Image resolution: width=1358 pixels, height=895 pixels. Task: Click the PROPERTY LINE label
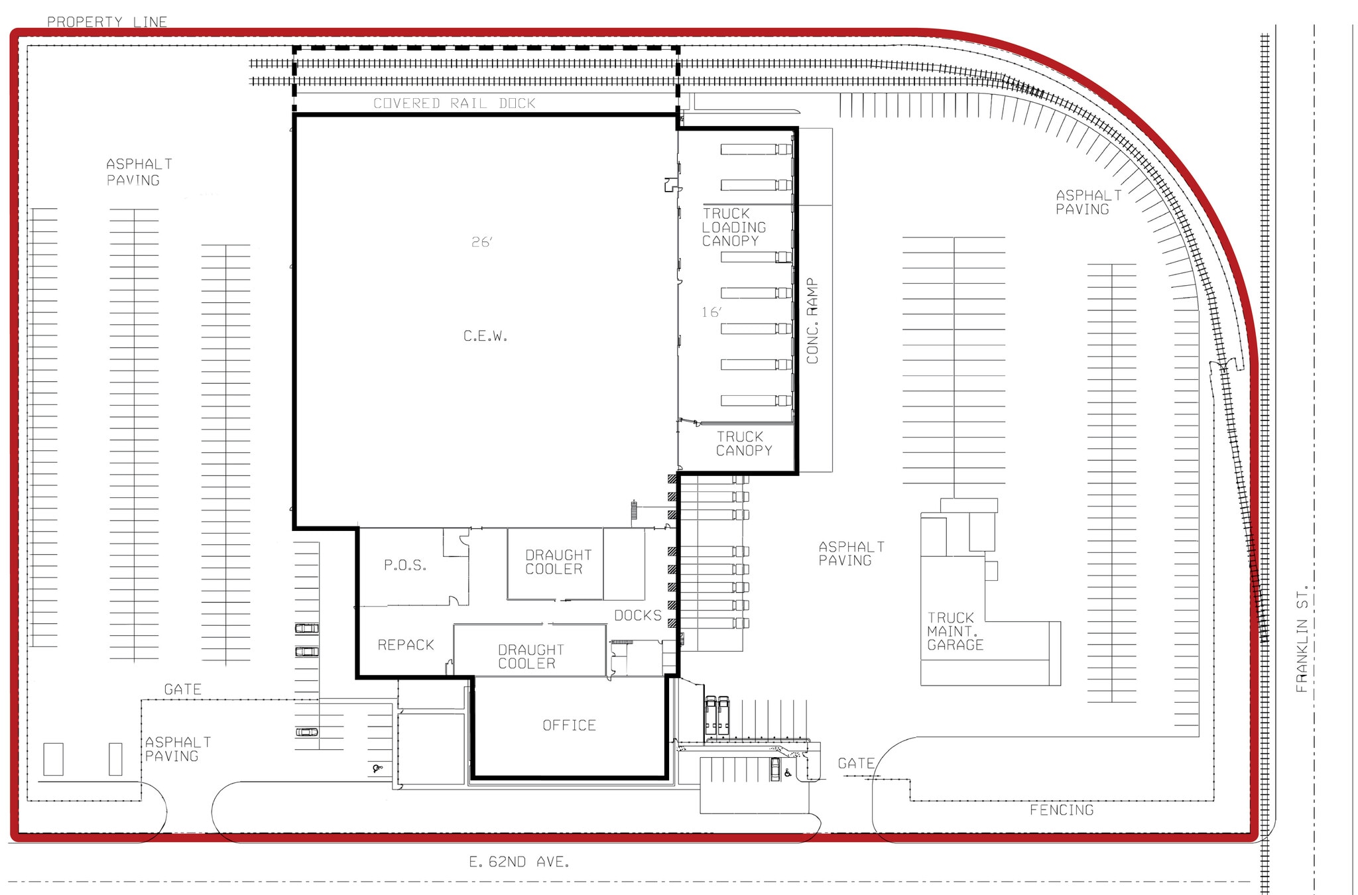pyautogui.click(x=107, y=22)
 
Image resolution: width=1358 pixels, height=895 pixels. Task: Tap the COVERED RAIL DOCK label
pyautogui.click(x=454, y=103)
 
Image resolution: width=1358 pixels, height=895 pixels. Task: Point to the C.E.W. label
pyautogui.click(x=485, y=337)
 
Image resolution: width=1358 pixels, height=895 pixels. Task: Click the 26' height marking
pyautogui.click(x=482, y=243)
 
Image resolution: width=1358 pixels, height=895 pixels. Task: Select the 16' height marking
pyautogui.click(x=711, y=312)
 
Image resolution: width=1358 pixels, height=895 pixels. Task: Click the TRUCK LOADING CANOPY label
pyautogui.click(x=733, y=227)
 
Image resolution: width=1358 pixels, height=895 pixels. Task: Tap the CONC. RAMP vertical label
pyautogui.click(x=812, y=321)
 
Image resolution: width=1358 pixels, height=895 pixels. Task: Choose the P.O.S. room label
pyautogui.click(x=405, y=566)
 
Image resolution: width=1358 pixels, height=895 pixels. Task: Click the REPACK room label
pyautogui.click(x=406, y=645)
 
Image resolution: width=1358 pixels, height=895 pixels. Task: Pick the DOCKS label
pyautogui.click(x=638, y=616)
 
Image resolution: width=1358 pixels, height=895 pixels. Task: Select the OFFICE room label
pyautogui.click(x=569, y=726)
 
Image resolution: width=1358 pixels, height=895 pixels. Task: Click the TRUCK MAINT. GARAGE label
pyautogui.click(x=955, y=631)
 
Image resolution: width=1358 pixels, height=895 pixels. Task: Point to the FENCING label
pyautogui.click(x=1062, y=810)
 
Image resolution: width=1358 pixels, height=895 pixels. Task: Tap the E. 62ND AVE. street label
pyautogui.click(x=519, y=863)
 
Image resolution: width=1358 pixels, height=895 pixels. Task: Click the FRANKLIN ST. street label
pyautogui.click(x=1302, y=638)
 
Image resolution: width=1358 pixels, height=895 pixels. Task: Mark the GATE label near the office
pyautogui.click(x=856, y=764)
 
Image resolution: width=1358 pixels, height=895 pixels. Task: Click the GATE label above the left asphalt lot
pyautogui.click(x=182, y=690)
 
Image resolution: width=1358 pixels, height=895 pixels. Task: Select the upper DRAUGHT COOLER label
pyautogui.click(x=558, y=562)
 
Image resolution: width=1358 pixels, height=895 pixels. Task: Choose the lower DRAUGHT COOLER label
pyautogui.click(x=530, y=657)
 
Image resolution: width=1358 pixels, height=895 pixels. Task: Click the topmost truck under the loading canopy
pyautogui.click(x=756, y=149)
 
